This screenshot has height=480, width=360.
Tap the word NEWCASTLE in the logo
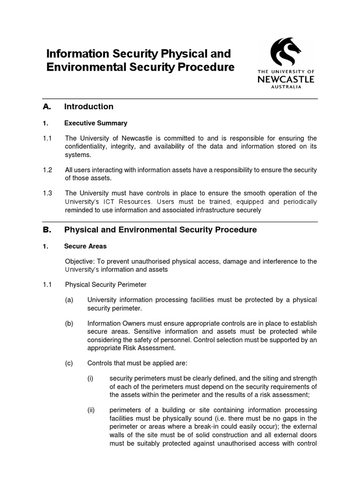pos(286,79)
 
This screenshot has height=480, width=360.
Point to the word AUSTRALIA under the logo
pos(286,87)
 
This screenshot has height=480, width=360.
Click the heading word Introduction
pos(89,107)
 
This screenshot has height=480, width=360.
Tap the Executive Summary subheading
pos(96,123)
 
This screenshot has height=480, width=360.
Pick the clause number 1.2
pos(47,170)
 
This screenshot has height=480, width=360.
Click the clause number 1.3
pos(47,193)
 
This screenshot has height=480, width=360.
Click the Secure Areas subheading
pos(85,246)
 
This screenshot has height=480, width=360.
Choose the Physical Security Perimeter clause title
pos(105,285)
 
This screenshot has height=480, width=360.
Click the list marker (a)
pos(69,300)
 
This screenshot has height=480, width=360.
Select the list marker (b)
pos(69,323)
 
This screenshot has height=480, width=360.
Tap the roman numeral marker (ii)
pos(91,410)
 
